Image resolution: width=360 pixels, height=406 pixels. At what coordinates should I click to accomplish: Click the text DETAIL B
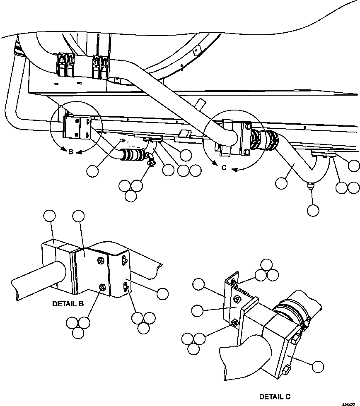68,303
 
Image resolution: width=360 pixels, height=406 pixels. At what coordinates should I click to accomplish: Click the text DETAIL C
275,396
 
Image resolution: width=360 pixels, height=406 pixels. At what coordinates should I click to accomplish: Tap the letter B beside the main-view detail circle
70,152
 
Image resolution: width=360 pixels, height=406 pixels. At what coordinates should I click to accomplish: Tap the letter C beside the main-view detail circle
224,168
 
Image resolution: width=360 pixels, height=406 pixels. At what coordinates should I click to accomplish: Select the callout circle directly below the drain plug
313,210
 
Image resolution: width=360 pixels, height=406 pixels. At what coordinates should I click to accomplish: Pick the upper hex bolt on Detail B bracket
100,260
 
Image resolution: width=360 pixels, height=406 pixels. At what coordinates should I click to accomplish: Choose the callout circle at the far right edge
354,166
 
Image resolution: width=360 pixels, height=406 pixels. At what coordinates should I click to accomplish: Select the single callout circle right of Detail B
162,293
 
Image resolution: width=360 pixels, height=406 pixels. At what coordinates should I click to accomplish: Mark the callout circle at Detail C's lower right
317,366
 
